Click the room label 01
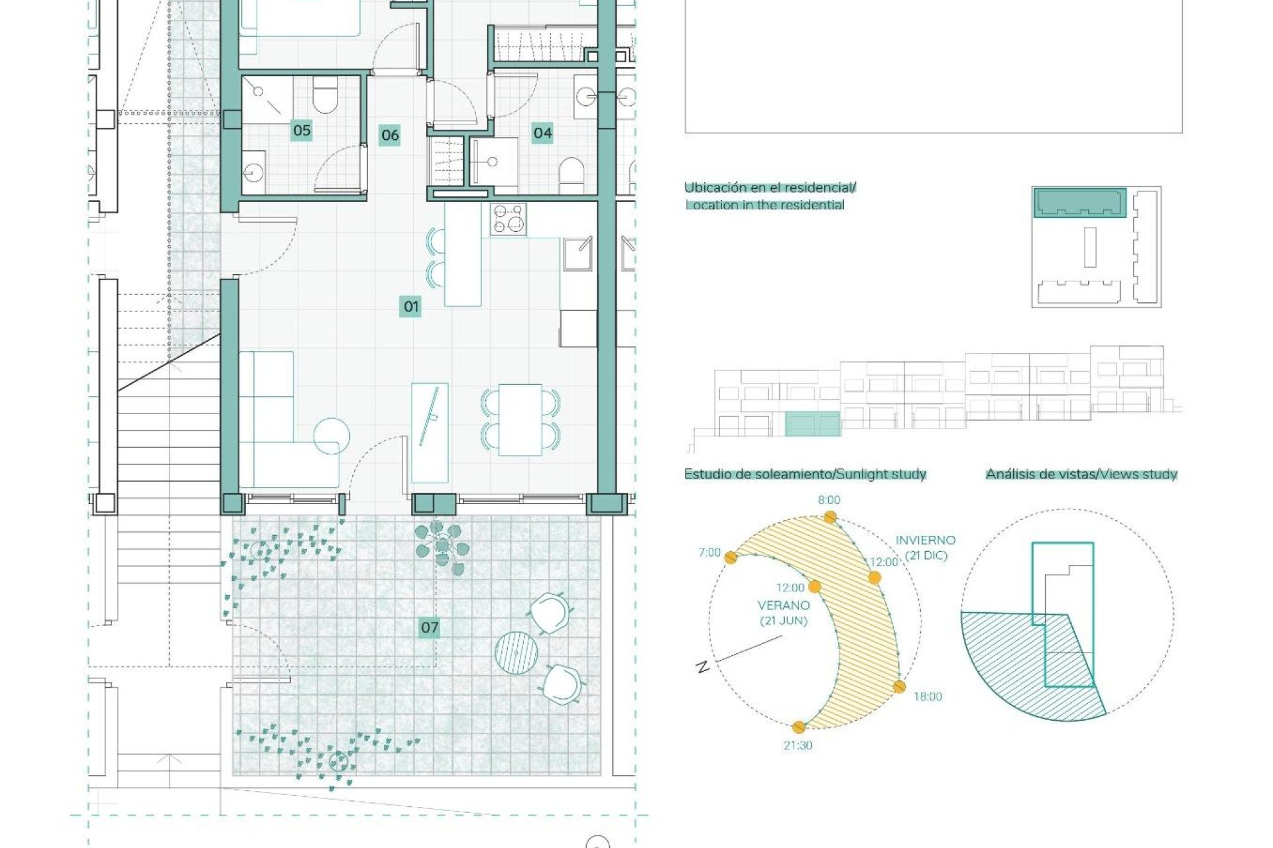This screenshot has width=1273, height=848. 410,307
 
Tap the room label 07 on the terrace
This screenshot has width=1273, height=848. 429,627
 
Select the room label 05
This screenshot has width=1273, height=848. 302,131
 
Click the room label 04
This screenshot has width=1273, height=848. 542,133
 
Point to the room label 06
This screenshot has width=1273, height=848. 390,136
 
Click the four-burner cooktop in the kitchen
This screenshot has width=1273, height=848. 509,219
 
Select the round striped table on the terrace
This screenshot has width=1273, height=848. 516,653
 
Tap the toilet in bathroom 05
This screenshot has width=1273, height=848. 324,98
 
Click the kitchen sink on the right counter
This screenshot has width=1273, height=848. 577,253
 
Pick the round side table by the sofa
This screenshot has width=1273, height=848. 331,437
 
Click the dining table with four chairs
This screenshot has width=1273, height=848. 520,420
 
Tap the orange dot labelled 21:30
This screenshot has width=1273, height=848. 799,727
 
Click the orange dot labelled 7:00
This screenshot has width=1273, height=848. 731,558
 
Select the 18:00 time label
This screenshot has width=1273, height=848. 928,696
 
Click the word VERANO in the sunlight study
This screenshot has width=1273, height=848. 784,606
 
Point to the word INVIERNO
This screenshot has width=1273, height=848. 926,541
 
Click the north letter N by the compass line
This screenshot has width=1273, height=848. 702,667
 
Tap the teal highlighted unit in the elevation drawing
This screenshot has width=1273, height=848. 812,424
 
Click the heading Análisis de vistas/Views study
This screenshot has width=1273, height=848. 1081,474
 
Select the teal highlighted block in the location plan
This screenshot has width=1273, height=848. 1079,202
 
